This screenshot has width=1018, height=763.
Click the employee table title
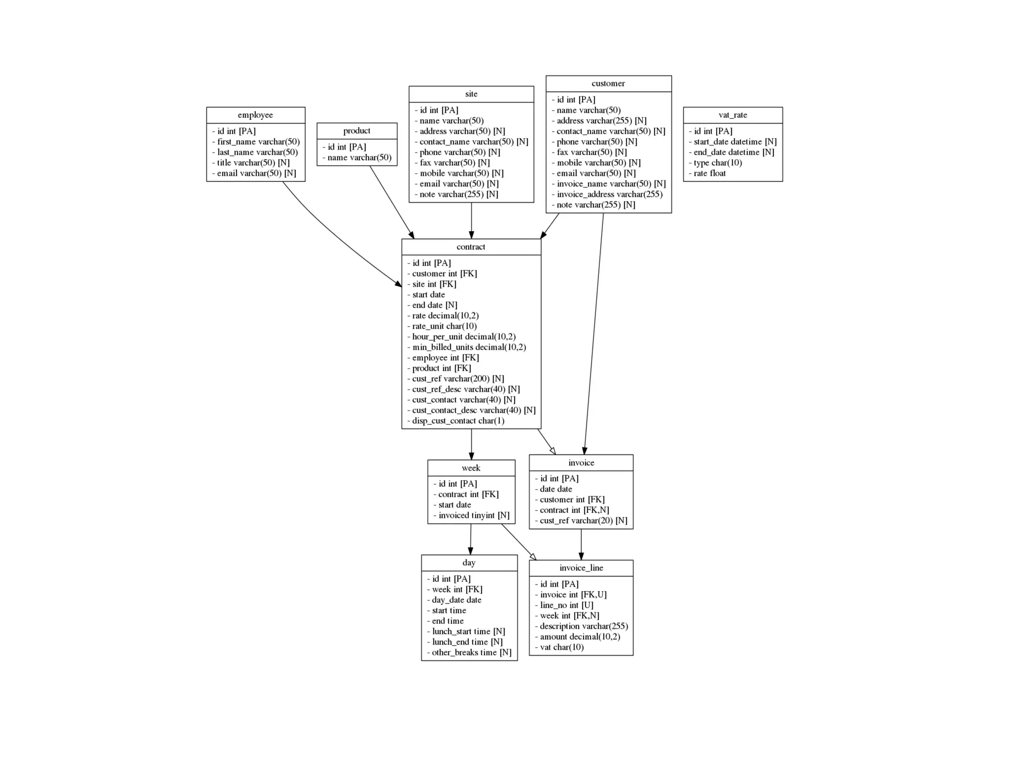[x=255, y=115]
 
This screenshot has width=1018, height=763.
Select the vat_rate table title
[x=732, y=115]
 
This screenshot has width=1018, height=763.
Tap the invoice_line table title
[x=581, y=568]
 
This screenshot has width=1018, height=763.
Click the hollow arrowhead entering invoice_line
[x=533, y=556]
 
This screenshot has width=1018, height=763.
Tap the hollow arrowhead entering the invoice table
[x=552, y=450]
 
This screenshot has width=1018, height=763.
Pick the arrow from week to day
[x=471, y=539]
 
